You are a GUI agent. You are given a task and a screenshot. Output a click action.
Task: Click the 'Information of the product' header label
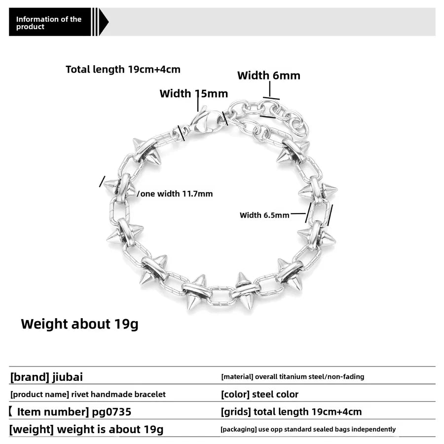48,23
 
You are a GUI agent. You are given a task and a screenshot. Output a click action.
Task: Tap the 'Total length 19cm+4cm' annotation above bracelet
123,70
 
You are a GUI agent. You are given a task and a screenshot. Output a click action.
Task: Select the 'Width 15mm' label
194,93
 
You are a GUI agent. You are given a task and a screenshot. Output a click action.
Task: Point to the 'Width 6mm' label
269,75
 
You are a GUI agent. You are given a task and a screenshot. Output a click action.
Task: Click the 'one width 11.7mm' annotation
177,194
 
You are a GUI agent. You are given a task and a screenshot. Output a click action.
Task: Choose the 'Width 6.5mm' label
264,215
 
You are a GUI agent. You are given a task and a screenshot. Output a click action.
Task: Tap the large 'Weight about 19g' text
79,324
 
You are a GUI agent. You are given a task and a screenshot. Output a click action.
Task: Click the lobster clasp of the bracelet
204,120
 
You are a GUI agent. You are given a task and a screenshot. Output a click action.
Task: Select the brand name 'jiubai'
68,377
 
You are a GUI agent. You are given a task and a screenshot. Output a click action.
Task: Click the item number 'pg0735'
111,412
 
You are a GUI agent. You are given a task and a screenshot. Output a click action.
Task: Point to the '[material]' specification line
293,376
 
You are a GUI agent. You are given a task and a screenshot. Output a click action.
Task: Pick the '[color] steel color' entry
259,394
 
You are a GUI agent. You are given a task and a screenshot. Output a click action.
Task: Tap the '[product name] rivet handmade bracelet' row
88,395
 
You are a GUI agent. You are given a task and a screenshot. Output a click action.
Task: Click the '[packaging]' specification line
308,429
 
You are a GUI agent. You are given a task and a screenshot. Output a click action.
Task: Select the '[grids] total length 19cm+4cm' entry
291,412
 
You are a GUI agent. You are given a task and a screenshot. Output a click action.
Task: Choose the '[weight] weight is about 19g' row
86,430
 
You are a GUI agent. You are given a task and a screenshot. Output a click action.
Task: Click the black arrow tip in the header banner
108,22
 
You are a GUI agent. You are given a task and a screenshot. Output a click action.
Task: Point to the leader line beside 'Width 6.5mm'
298,214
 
